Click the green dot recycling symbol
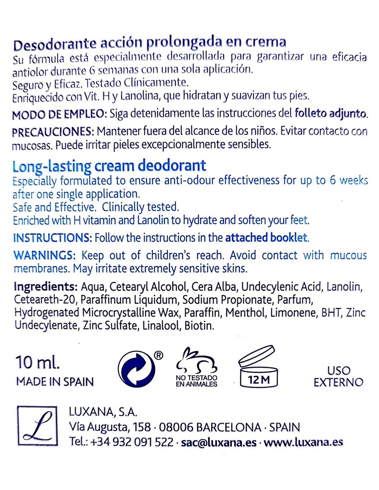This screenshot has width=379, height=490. [x=136, y=369]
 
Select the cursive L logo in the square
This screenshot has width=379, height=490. [x=37, y=426]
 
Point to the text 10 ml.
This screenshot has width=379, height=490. [x=38, y=362]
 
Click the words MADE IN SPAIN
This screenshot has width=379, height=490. [x=55, y=382]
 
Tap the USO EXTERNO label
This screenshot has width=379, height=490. [x=338, y=376]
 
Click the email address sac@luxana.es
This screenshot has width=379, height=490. [x=218, y=442]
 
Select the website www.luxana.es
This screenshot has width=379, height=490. [x=303, y=442]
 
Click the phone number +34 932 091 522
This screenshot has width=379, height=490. [x=132, y=442]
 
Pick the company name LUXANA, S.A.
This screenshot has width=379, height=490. [x=103, y=412]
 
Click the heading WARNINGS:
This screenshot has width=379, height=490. [x=44, y=255]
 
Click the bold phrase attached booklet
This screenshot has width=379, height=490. [x=266, y=238]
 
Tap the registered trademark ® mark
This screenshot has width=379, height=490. [x=158, y=355]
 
